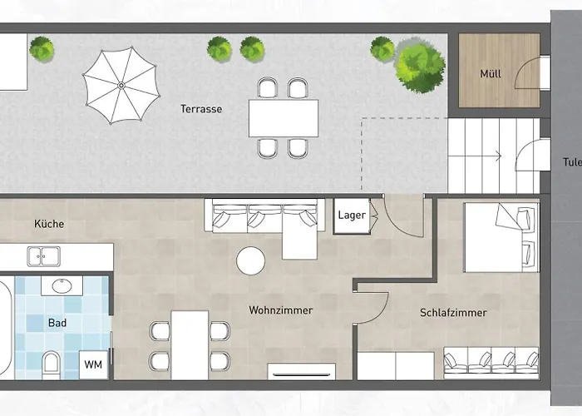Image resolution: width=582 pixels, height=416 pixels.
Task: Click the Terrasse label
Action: pos(201,109)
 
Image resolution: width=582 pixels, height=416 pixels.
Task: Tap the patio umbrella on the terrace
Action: pos(121,86)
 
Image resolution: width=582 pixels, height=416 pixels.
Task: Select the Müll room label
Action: pos(491,73)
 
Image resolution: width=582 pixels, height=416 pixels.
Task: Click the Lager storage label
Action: pos(352,215)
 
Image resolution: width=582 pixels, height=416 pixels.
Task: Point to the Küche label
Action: pos(49,224)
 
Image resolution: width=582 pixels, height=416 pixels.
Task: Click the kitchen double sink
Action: pos(44,256)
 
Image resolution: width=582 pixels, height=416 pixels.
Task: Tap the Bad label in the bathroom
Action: pos(57,323)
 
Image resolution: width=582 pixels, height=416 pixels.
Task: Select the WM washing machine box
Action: pos(93,364)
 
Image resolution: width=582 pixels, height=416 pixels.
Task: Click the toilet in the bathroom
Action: pos(52,364)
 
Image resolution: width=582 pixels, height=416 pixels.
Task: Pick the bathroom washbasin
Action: pos(62,285)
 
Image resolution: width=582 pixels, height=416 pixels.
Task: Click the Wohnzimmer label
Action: pos(281,310)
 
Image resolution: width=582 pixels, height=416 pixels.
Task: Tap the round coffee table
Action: pos(250,260)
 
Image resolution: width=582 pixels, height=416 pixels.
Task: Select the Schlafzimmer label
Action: pos(453,313)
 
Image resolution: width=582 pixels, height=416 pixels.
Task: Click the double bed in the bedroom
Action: pos(501,237)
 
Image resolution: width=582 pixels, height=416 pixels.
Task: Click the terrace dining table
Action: pos(284,118)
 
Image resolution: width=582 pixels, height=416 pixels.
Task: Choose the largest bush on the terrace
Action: pos(420,66)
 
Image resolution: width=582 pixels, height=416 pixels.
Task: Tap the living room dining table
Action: pos(190,345)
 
